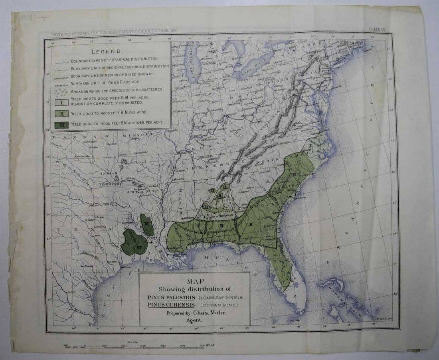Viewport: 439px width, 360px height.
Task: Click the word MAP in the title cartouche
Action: click(x=195, y=281)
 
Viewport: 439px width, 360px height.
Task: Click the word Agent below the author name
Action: click(x=195, y=320)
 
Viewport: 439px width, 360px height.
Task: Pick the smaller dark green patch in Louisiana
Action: click(x=147, y=224)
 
